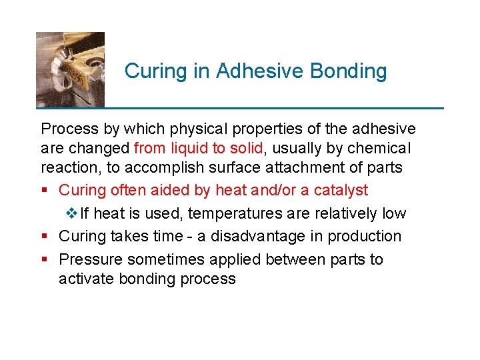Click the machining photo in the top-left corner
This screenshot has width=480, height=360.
click(x=70, y=69)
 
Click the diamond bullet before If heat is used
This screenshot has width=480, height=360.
click(x=73, y=213)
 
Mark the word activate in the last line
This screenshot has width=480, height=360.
click(x=86, y=278)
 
